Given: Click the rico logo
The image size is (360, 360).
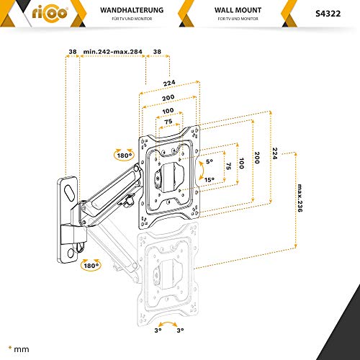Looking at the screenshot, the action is click(50, 13).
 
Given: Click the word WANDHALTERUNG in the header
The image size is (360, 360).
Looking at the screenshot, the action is click(132, 10).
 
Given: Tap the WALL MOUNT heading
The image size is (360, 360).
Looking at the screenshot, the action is click(238, 10).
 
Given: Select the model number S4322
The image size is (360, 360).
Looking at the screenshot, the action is click(328, 14).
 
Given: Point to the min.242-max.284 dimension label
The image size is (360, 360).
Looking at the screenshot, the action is click(113, 52).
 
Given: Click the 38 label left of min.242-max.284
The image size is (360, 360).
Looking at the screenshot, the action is click(73, 52).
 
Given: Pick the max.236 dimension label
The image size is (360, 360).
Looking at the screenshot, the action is click(300, 198).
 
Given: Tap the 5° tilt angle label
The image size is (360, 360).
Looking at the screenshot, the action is click(210, 161).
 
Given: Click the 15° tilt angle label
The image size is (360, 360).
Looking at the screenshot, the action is click(210, 179).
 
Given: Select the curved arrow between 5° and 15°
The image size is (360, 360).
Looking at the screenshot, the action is click(202, 171).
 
